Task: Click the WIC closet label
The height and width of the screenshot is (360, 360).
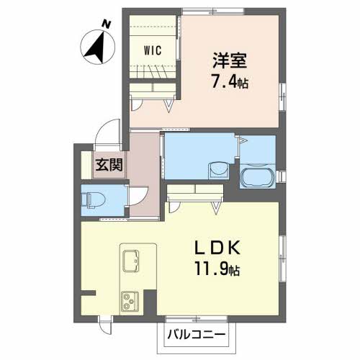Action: click(x=152, y=50)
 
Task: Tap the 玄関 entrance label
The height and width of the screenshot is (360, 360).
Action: click(x=109, y=164)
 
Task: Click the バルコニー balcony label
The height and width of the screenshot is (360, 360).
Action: click(x=197, y=336)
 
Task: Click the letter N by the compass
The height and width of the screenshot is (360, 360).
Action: click(x=107, y=24)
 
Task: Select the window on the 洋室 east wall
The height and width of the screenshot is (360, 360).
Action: click(x=280, y=94)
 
